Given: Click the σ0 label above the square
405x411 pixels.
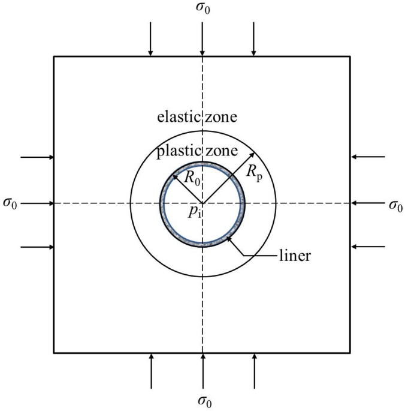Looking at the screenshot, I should click(203, 9).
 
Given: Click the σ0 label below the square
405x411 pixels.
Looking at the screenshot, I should click(203, 400).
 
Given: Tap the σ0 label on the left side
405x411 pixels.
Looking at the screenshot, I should click(10, 204).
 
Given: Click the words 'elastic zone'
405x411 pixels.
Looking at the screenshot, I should click(197, 116).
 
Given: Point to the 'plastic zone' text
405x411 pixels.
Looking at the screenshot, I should click(198, 151).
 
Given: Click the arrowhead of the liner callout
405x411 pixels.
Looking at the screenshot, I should click(228, 240).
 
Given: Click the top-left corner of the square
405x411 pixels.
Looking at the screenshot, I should click(54, 56).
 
